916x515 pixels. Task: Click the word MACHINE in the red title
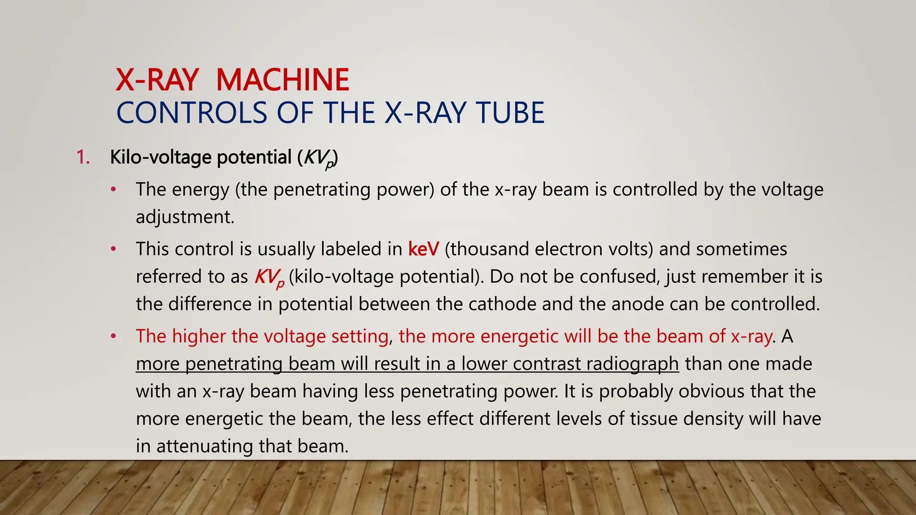pos(282,80)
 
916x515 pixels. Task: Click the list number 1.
pos(83,157)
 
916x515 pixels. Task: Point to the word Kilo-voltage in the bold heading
pos(161,157)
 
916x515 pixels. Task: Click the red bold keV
pos(424,249)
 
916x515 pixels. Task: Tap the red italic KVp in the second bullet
pos(269,277)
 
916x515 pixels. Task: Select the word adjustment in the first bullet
pos(185,217)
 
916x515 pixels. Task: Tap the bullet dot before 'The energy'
pos(114,190)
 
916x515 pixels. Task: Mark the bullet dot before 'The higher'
pos(114,336)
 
